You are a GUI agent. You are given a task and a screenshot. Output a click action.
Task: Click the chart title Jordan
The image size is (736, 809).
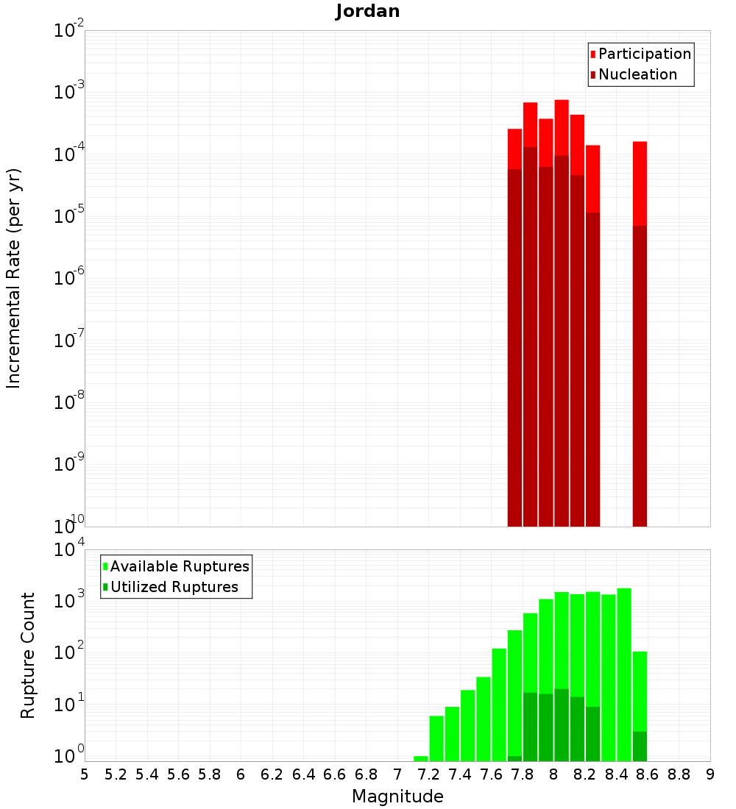click(x=367, y=11)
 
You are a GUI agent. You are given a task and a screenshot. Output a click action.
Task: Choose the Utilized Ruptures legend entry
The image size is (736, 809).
click(x=174, y=587)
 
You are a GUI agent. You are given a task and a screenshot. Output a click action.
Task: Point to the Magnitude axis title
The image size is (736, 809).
click(x=397, y=796)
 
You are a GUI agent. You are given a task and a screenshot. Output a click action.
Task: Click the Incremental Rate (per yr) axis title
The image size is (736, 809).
click(x=13, y=278)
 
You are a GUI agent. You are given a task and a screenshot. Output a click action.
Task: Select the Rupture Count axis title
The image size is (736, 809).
click(x=28, y=655)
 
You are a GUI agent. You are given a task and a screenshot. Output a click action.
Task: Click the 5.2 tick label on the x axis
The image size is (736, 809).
click(x=116, y=774)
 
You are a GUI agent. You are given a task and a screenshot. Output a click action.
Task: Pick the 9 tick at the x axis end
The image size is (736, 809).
click(x=710, y=774)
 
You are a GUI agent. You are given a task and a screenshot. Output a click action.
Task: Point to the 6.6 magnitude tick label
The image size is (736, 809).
click(x=336, y=774)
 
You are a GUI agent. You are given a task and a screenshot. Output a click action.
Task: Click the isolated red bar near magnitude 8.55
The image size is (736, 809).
click(x=640, y=184)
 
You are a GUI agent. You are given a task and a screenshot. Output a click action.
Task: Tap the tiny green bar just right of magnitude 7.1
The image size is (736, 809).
click(x=421, y=758)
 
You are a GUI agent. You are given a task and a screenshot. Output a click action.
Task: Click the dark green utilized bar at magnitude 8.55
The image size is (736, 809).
click(x=640, y=746)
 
